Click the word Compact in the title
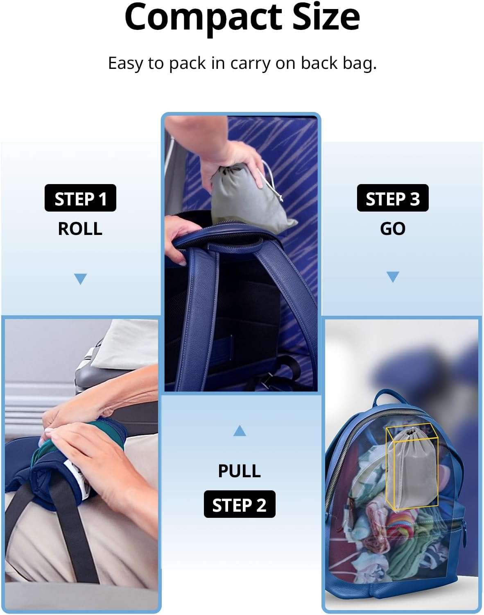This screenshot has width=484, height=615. tap(203, 18)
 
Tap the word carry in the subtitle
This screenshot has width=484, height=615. tap(250, 64)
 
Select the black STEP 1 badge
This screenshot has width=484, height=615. tap(80, 198)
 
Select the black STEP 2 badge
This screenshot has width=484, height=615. tap(240, 504)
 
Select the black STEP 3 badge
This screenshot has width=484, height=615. tap(393, 198)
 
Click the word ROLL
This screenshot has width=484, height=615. tap(80, 228)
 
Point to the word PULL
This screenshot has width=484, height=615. tap(240, 471)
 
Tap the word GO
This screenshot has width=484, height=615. tap(393, 228)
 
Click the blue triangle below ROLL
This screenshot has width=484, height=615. tap(80, 279)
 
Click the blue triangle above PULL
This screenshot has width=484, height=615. tap(240, 430)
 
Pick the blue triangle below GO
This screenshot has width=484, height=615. tap(393, 277)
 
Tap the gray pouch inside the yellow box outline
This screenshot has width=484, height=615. tap(412, 467)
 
